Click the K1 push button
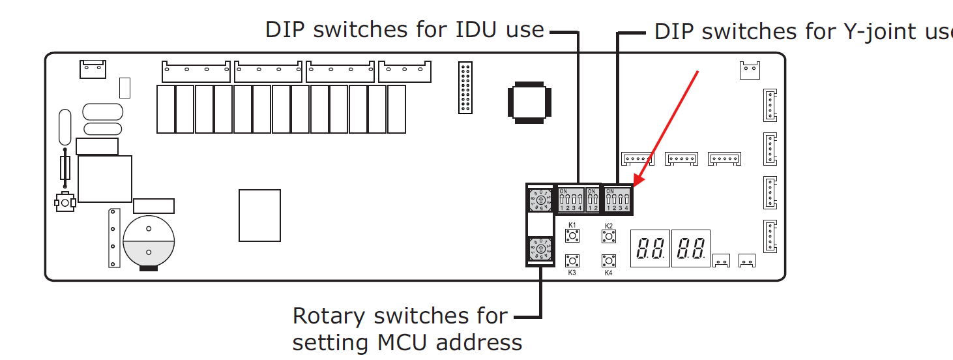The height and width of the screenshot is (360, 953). coord(572,235)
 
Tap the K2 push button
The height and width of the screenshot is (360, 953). coord(609,235)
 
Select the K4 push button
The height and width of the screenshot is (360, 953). coord(609,261)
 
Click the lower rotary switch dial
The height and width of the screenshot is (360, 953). coord(540,249)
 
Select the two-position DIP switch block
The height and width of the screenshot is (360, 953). coord(593,199)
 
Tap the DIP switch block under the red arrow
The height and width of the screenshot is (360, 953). coord(617,199)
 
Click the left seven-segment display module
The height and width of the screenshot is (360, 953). coord(650,248)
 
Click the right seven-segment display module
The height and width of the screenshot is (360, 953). coord(691,248)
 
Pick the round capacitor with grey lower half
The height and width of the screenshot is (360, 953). coord(149,241)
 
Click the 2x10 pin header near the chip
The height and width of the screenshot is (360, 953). coord(465,88)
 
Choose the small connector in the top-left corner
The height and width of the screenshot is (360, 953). coord(93,68)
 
